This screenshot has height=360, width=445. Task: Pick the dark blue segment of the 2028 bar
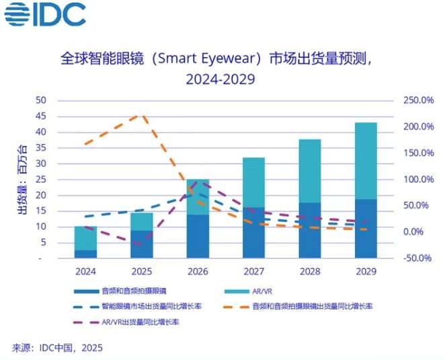pyautogui.click(x=309, y=229)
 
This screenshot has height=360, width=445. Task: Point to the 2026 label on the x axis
pyautogui.click(x=198, y=271)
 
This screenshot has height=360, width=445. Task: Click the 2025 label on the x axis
pyautogui.click(x=141, y=271)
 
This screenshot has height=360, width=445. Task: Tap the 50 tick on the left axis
pyautogui.click(x=41, y=100)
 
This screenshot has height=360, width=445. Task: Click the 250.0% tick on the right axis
pyautogui.click(x=419, y=100)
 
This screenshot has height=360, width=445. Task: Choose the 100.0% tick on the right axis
pyautogui.click(x=419, y=180)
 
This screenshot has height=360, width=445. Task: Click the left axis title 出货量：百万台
pyautogui.click(x=22, y=180)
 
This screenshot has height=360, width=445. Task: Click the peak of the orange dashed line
pyautogui.click(x=141, y=114)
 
